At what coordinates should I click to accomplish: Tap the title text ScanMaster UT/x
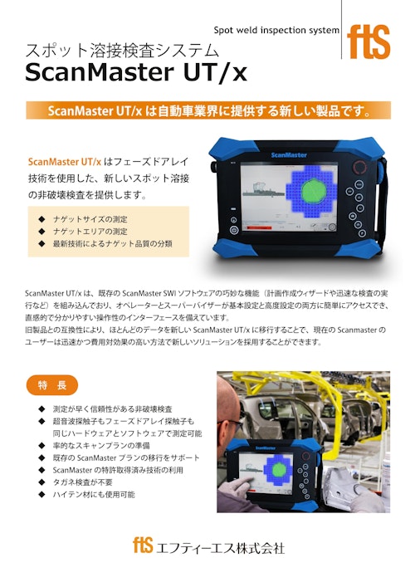pos(136,73)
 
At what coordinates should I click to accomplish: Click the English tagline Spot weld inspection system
pos(276,30)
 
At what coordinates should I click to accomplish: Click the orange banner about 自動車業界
pos(207,110)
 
